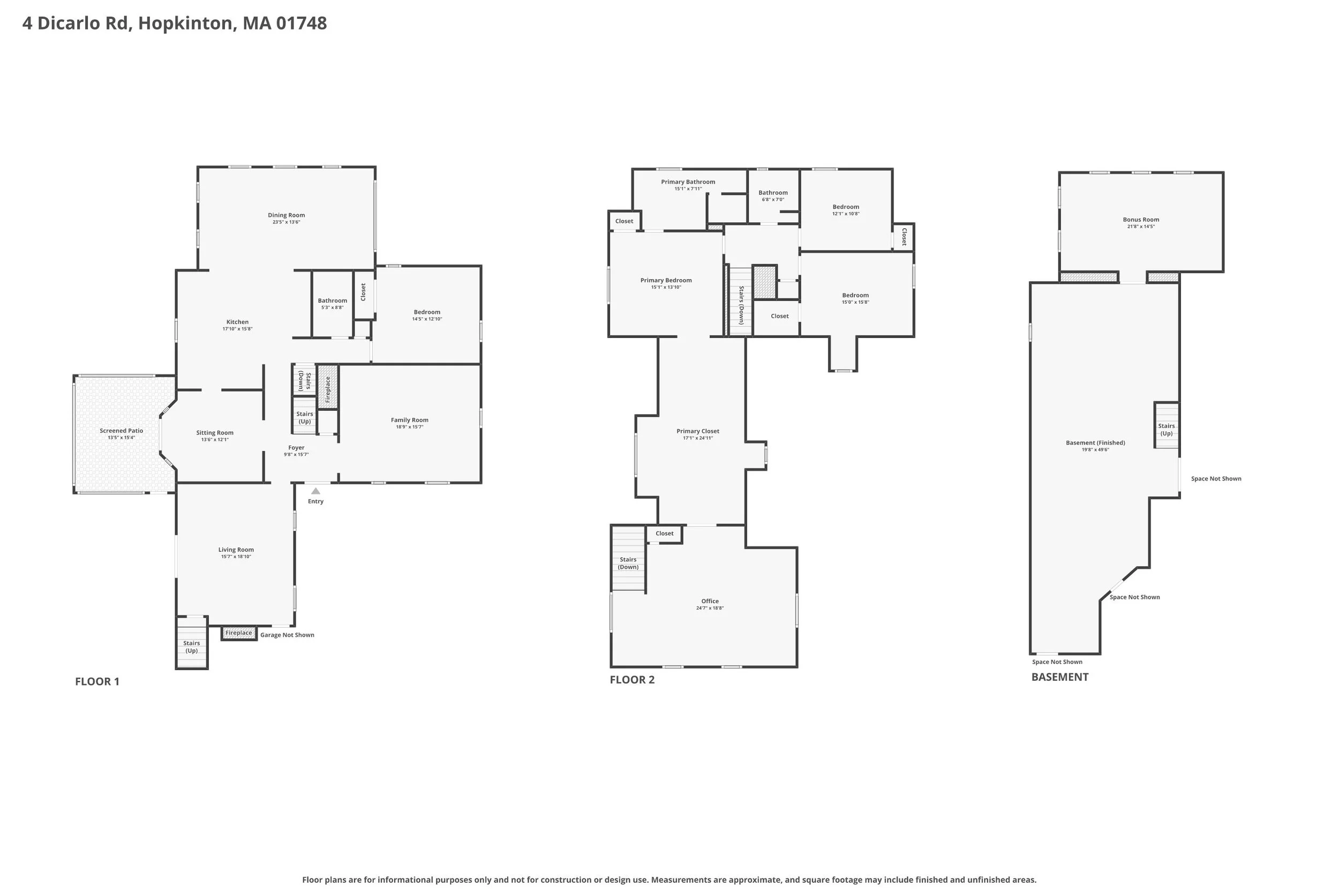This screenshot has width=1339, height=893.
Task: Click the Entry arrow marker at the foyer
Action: click(315, 491)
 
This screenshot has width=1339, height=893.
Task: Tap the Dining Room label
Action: click(287, 215)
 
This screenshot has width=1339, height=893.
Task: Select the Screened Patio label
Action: click(121, 431)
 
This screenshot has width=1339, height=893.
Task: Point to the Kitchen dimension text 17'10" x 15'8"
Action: click(237, 328)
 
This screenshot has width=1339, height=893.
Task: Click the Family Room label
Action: click(409, 420)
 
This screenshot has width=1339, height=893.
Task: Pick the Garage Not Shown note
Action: click(287, 634)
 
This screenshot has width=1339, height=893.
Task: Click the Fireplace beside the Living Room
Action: click(238, 633)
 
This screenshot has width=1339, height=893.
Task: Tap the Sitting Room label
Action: click(215, 432)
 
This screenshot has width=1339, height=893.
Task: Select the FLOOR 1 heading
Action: click(97, 681)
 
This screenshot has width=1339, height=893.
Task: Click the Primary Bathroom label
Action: click(688, 182)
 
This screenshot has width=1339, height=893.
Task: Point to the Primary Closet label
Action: click(697, 431)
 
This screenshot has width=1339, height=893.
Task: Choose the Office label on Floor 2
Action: click(710, 601)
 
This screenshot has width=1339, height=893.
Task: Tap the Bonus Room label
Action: click(1141, 219)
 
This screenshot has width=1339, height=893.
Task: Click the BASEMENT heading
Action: click(1059, 677)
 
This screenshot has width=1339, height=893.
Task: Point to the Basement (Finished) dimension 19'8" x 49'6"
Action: click(1095, 449)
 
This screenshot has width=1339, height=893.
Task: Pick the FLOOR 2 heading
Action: click(632, 679)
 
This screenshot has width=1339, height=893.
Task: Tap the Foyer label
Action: click(296, 447)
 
